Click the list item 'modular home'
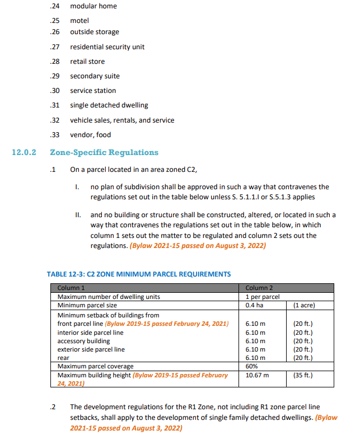93,6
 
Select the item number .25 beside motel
55,21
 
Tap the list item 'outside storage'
94,32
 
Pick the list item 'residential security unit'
107,47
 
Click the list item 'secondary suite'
95,76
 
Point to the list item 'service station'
93,91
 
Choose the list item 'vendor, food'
90,134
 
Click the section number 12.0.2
24,152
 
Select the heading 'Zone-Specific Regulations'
104,152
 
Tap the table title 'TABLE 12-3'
138,274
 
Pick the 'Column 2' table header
259,288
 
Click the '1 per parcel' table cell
263,297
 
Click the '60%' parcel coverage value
252,366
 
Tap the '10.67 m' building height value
258,375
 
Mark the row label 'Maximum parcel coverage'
96,366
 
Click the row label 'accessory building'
84,341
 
